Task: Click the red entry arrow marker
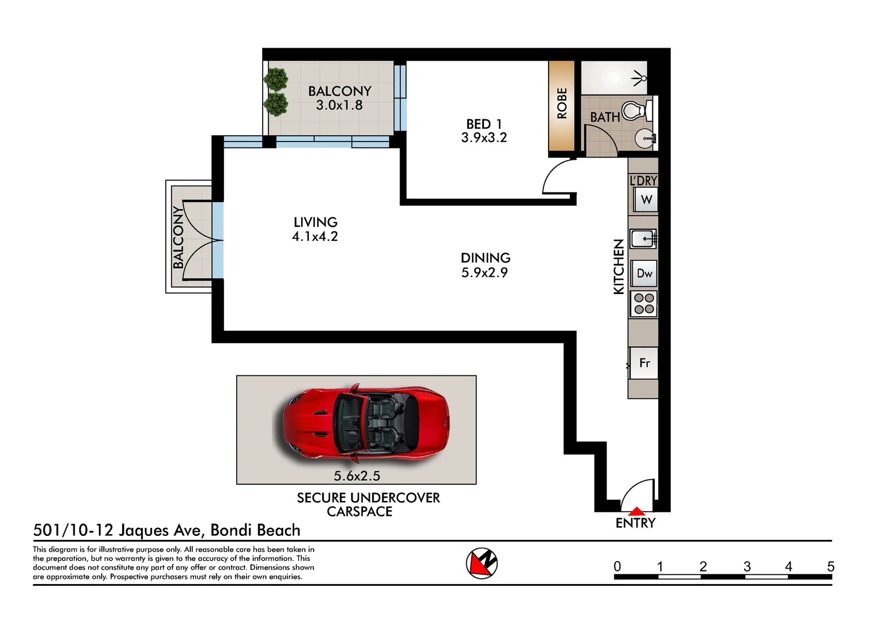point(637,511)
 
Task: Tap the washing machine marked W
point(646,200)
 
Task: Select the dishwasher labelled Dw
point(644,273)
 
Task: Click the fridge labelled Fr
point(644,363)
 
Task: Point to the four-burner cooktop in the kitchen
point(644,304)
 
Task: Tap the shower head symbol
point(639,78)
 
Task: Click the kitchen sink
point(643,238)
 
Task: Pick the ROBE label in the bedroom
point(562,103)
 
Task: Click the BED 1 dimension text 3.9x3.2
point(484,138)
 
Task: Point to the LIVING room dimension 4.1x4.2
point(315,237)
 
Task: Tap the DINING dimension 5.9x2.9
point(484,273)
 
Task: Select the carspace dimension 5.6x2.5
point(357,476)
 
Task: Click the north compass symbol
point(482,563)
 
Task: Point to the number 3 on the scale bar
point(747,566)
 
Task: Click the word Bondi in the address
point(229,530)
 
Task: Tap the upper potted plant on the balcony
point(276,79)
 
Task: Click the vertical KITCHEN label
point(618,267)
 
